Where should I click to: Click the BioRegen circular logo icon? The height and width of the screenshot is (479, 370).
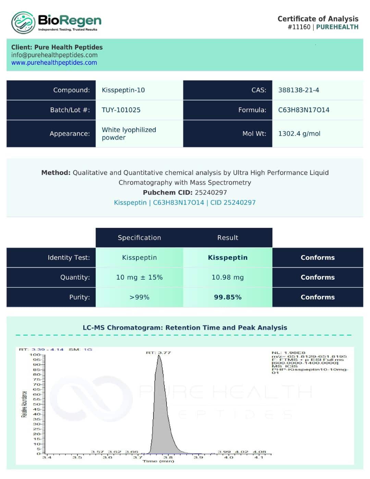[23, 23]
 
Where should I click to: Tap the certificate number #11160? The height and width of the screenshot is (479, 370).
[299, 27]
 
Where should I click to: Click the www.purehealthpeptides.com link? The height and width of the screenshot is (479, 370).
[54, 63]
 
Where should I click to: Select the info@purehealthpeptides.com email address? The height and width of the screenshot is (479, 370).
[54, 55]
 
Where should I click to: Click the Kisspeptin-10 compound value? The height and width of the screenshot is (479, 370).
[123, 90]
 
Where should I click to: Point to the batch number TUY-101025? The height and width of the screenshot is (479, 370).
[121, 110]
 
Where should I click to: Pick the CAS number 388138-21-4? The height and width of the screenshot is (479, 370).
[298, 90]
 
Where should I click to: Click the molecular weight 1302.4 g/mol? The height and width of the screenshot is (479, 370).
[299, 134]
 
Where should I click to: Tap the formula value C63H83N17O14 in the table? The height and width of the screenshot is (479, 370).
[304, 110]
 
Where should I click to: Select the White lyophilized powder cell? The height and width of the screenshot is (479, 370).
[129, 134]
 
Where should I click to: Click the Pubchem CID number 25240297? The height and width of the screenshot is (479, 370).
[211, 193]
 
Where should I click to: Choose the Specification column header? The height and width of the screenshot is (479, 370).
[139, 238]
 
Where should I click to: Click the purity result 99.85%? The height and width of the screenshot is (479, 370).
[228, 297]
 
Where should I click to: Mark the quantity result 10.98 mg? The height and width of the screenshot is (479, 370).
[228, 277]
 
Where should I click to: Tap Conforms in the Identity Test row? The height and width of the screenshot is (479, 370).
[318, 258]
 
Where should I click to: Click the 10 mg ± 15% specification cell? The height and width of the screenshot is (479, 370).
[139, 277]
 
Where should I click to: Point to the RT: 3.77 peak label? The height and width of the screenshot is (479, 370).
[158, 353]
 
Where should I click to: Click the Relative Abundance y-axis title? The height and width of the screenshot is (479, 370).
[24, 404]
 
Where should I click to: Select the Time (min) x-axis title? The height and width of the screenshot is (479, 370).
[158, 461]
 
